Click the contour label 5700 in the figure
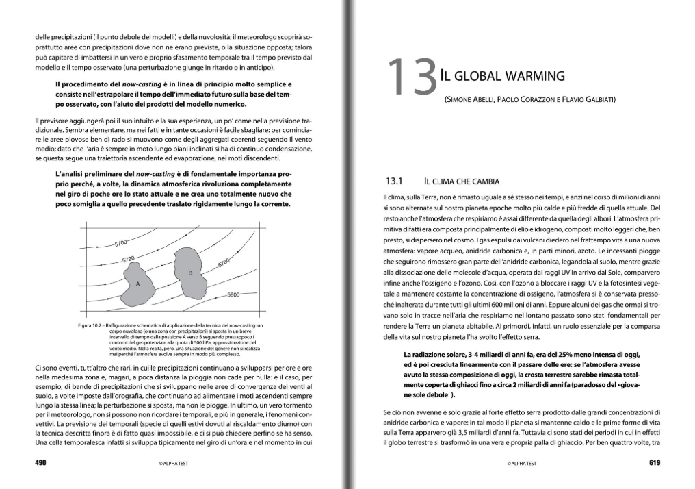tap(121, 243)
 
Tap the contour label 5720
tap(128, 260)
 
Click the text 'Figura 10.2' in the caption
tap(90, 324)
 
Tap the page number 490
tap(40, 463)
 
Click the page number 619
tap(654, 463)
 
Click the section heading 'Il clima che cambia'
tap(462, 181)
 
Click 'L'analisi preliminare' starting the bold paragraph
tap(87, 174)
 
